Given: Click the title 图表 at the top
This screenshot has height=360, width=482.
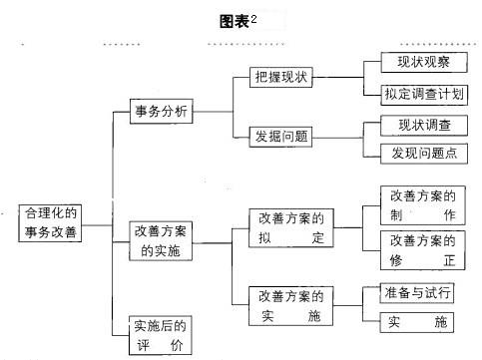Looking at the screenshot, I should [235, 21].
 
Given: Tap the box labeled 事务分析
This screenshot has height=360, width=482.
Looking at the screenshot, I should [161, 111].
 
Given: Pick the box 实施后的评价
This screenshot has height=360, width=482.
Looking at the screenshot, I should [161, 336].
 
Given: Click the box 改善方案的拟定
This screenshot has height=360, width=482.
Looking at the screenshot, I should [290, 227].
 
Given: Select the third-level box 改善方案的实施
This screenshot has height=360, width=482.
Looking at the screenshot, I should [290, 305].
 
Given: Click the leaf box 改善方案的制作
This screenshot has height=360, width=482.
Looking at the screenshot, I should [422, 205].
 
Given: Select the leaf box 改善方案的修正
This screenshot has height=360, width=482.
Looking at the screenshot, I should [422, 249].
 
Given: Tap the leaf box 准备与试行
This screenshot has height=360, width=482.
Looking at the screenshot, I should [417, 293].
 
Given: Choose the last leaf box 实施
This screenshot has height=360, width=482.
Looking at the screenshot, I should [417, 322].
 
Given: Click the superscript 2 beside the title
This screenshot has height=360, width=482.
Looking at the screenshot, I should [253, 17].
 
